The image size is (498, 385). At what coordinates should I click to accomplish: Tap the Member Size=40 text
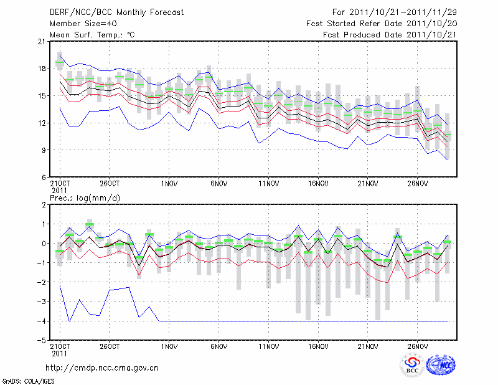(x=79, y=24)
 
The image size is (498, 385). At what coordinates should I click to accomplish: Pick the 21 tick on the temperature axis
(x=41, y=42)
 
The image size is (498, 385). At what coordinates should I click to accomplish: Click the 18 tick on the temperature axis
(x=41, y=69)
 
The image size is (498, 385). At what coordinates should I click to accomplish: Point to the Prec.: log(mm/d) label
(x=85, y=197)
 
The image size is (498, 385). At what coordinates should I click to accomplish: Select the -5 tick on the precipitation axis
(x=41, y=341)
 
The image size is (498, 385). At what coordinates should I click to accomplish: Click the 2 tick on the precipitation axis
(x=43, y=204)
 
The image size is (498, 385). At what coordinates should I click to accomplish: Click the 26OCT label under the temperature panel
(x=110, y=184)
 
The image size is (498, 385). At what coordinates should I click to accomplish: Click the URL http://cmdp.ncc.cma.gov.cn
(x=102, y=368)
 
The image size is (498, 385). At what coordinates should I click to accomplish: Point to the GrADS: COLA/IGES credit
(x=28, y=380)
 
